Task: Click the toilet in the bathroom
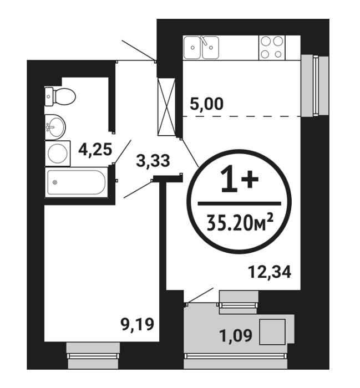point(60,96)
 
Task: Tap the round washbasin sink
point(55,127)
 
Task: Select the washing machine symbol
point(58,154)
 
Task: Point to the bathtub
point(77,182)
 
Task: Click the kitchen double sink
point(201,48)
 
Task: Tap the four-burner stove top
point(272,48)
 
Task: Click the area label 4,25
point(95,150)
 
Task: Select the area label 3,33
point(153,161)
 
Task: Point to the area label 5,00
point(206,104)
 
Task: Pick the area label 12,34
point(270,272)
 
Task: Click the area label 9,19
point(137,324)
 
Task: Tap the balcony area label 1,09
point(236,335)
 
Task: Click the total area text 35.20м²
point(240,222)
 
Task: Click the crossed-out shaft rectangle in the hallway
point(166,107)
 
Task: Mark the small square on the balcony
point(272,332)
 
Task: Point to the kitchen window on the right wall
point(315,85)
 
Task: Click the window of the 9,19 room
point(93,356)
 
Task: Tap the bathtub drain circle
point(55,182)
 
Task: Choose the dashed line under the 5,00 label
point(242,116)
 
